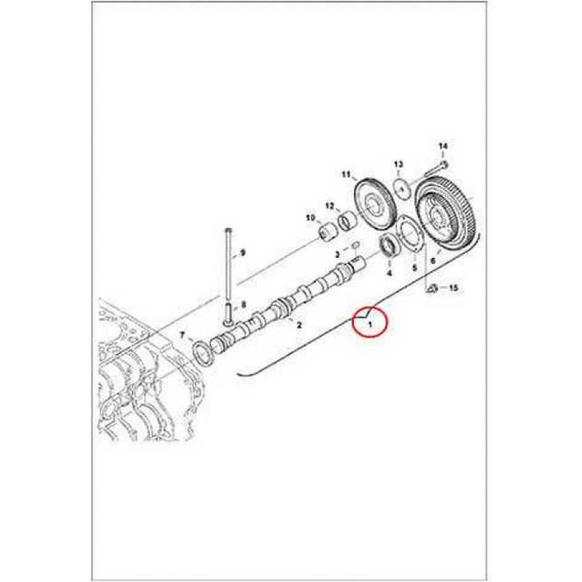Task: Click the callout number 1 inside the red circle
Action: coord(370,324)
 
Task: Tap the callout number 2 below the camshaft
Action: coord(299,325)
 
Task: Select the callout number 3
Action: coord(338,254)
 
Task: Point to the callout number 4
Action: coord(389,273)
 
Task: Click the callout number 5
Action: coord(414,267)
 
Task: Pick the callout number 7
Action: coord(182,335)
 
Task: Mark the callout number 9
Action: coord(243,253)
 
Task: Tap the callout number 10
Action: coord(310,217)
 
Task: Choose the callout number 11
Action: coord(346,175)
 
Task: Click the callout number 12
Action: coord(330,205)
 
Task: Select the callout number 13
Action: coord(398,164)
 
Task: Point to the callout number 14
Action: coord(443,146)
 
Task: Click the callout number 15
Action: coord(453,288)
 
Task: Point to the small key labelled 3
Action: coord(354,245)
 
